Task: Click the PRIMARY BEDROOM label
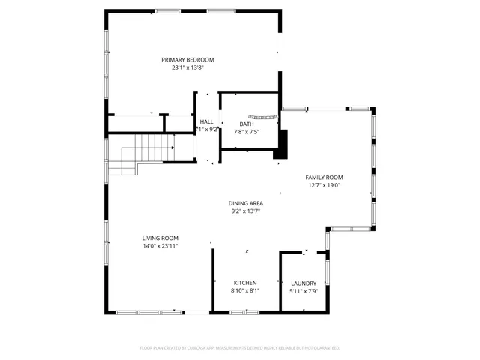(x=187, y=59)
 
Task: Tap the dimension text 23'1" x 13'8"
(x=187, y=67)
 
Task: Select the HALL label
(x=206, y=121)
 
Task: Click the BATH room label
(x=247, y=124)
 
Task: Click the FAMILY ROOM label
(x=324, y=177)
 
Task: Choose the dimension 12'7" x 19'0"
(x=324, y=185)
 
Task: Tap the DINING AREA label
(x=246, y=203)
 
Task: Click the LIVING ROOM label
(x=160, y=238)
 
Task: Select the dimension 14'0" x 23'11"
(x=160, y=246)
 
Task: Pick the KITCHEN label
(x=244, y=283)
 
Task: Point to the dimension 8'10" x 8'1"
(x=244, y=291)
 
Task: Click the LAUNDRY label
(x=303, y=283)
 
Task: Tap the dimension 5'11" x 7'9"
(x=303, y=291)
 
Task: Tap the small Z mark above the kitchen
(x=246, y=251)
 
